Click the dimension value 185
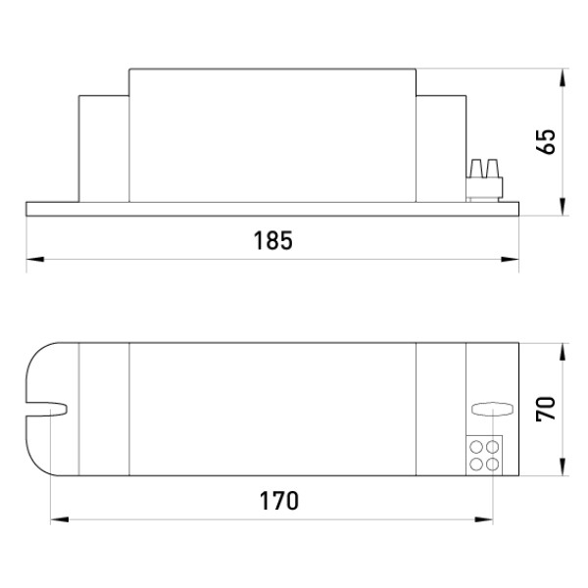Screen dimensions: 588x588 coord(273,240)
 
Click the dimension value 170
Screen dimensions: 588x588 coord(279,501)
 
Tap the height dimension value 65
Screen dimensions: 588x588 coord(546,142)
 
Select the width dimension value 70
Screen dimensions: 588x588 coord(546,409)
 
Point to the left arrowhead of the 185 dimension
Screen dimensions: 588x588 coord(35,259)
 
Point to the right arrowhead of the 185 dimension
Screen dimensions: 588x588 coord(510,259)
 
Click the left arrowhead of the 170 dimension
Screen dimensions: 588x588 coord(60,519)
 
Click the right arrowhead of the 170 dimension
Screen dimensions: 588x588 coord(484,519)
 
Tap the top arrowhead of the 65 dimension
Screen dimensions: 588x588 coord(562,78)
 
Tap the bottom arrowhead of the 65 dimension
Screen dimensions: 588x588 coord(562,207)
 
